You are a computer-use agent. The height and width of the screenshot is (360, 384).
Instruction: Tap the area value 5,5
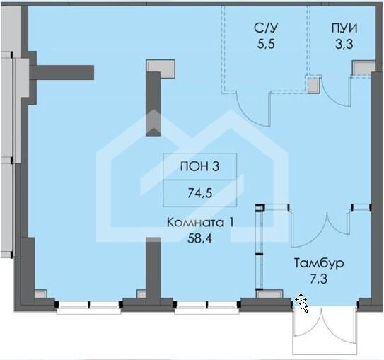[267, 45]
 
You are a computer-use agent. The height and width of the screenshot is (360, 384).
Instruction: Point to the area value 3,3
[344, 45]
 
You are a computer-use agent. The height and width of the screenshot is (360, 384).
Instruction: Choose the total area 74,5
[199, 193]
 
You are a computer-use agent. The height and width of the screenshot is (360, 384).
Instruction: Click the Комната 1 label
[200, 223]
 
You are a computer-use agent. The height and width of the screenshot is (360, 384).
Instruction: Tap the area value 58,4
[199, 238]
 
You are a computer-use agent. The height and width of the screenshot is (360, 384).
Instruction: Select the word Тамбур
[319, 263]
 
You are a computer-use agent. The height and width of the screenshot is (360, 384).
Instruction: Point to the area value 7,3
[319, 279]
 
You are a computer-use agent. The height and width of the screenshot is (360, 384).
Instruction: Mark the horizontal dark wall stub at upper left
[62, 72]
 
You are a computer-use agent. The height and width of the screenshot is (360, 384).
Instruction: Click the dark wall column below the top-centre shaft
[153, 103]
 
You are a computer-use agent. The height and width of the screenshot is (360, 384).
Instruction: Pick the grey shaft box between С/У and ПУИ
[314, 84]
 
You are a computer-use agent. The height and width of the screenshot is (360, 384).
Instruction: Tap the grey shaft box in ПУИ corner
[363, 68]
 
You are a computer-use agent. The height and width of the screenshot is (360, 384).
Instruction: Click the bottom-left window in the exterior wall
[88, 306]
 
